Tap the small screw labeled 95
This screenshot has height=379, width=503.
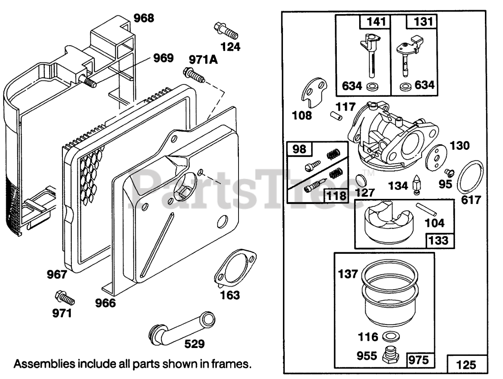point(449,172)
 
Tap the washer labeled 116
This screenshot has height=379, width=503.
point(389,336)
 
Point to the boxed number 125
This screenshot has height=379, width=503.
point(466,365)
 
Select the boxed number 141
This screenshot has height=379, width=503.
point(374,22)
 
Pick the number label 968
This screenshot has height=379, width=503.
point(143,18)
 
